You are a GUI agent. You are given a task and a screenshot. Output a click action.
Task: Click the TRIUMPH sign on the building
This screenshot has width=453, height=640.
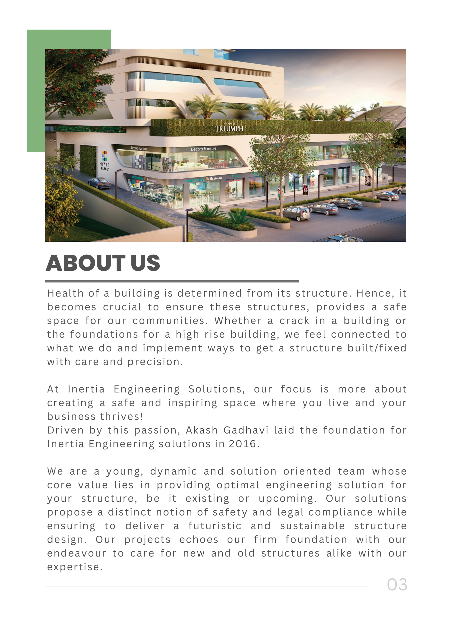coord(229,129)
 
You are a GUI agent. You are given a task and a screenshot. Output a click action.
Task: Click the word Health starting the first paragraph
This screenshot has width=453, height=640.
coord(65,293)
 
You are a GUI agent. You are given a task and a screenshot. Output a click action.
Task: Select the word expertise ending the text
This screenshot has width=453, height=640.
coord(74,567)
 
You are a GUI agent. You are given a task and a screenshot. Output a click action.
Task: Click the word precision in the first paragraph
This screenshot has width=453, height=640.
coord(155,362)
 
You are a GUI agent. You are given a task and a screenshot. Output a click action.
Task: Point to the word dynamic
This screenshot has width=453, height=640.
coord(174,471)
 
